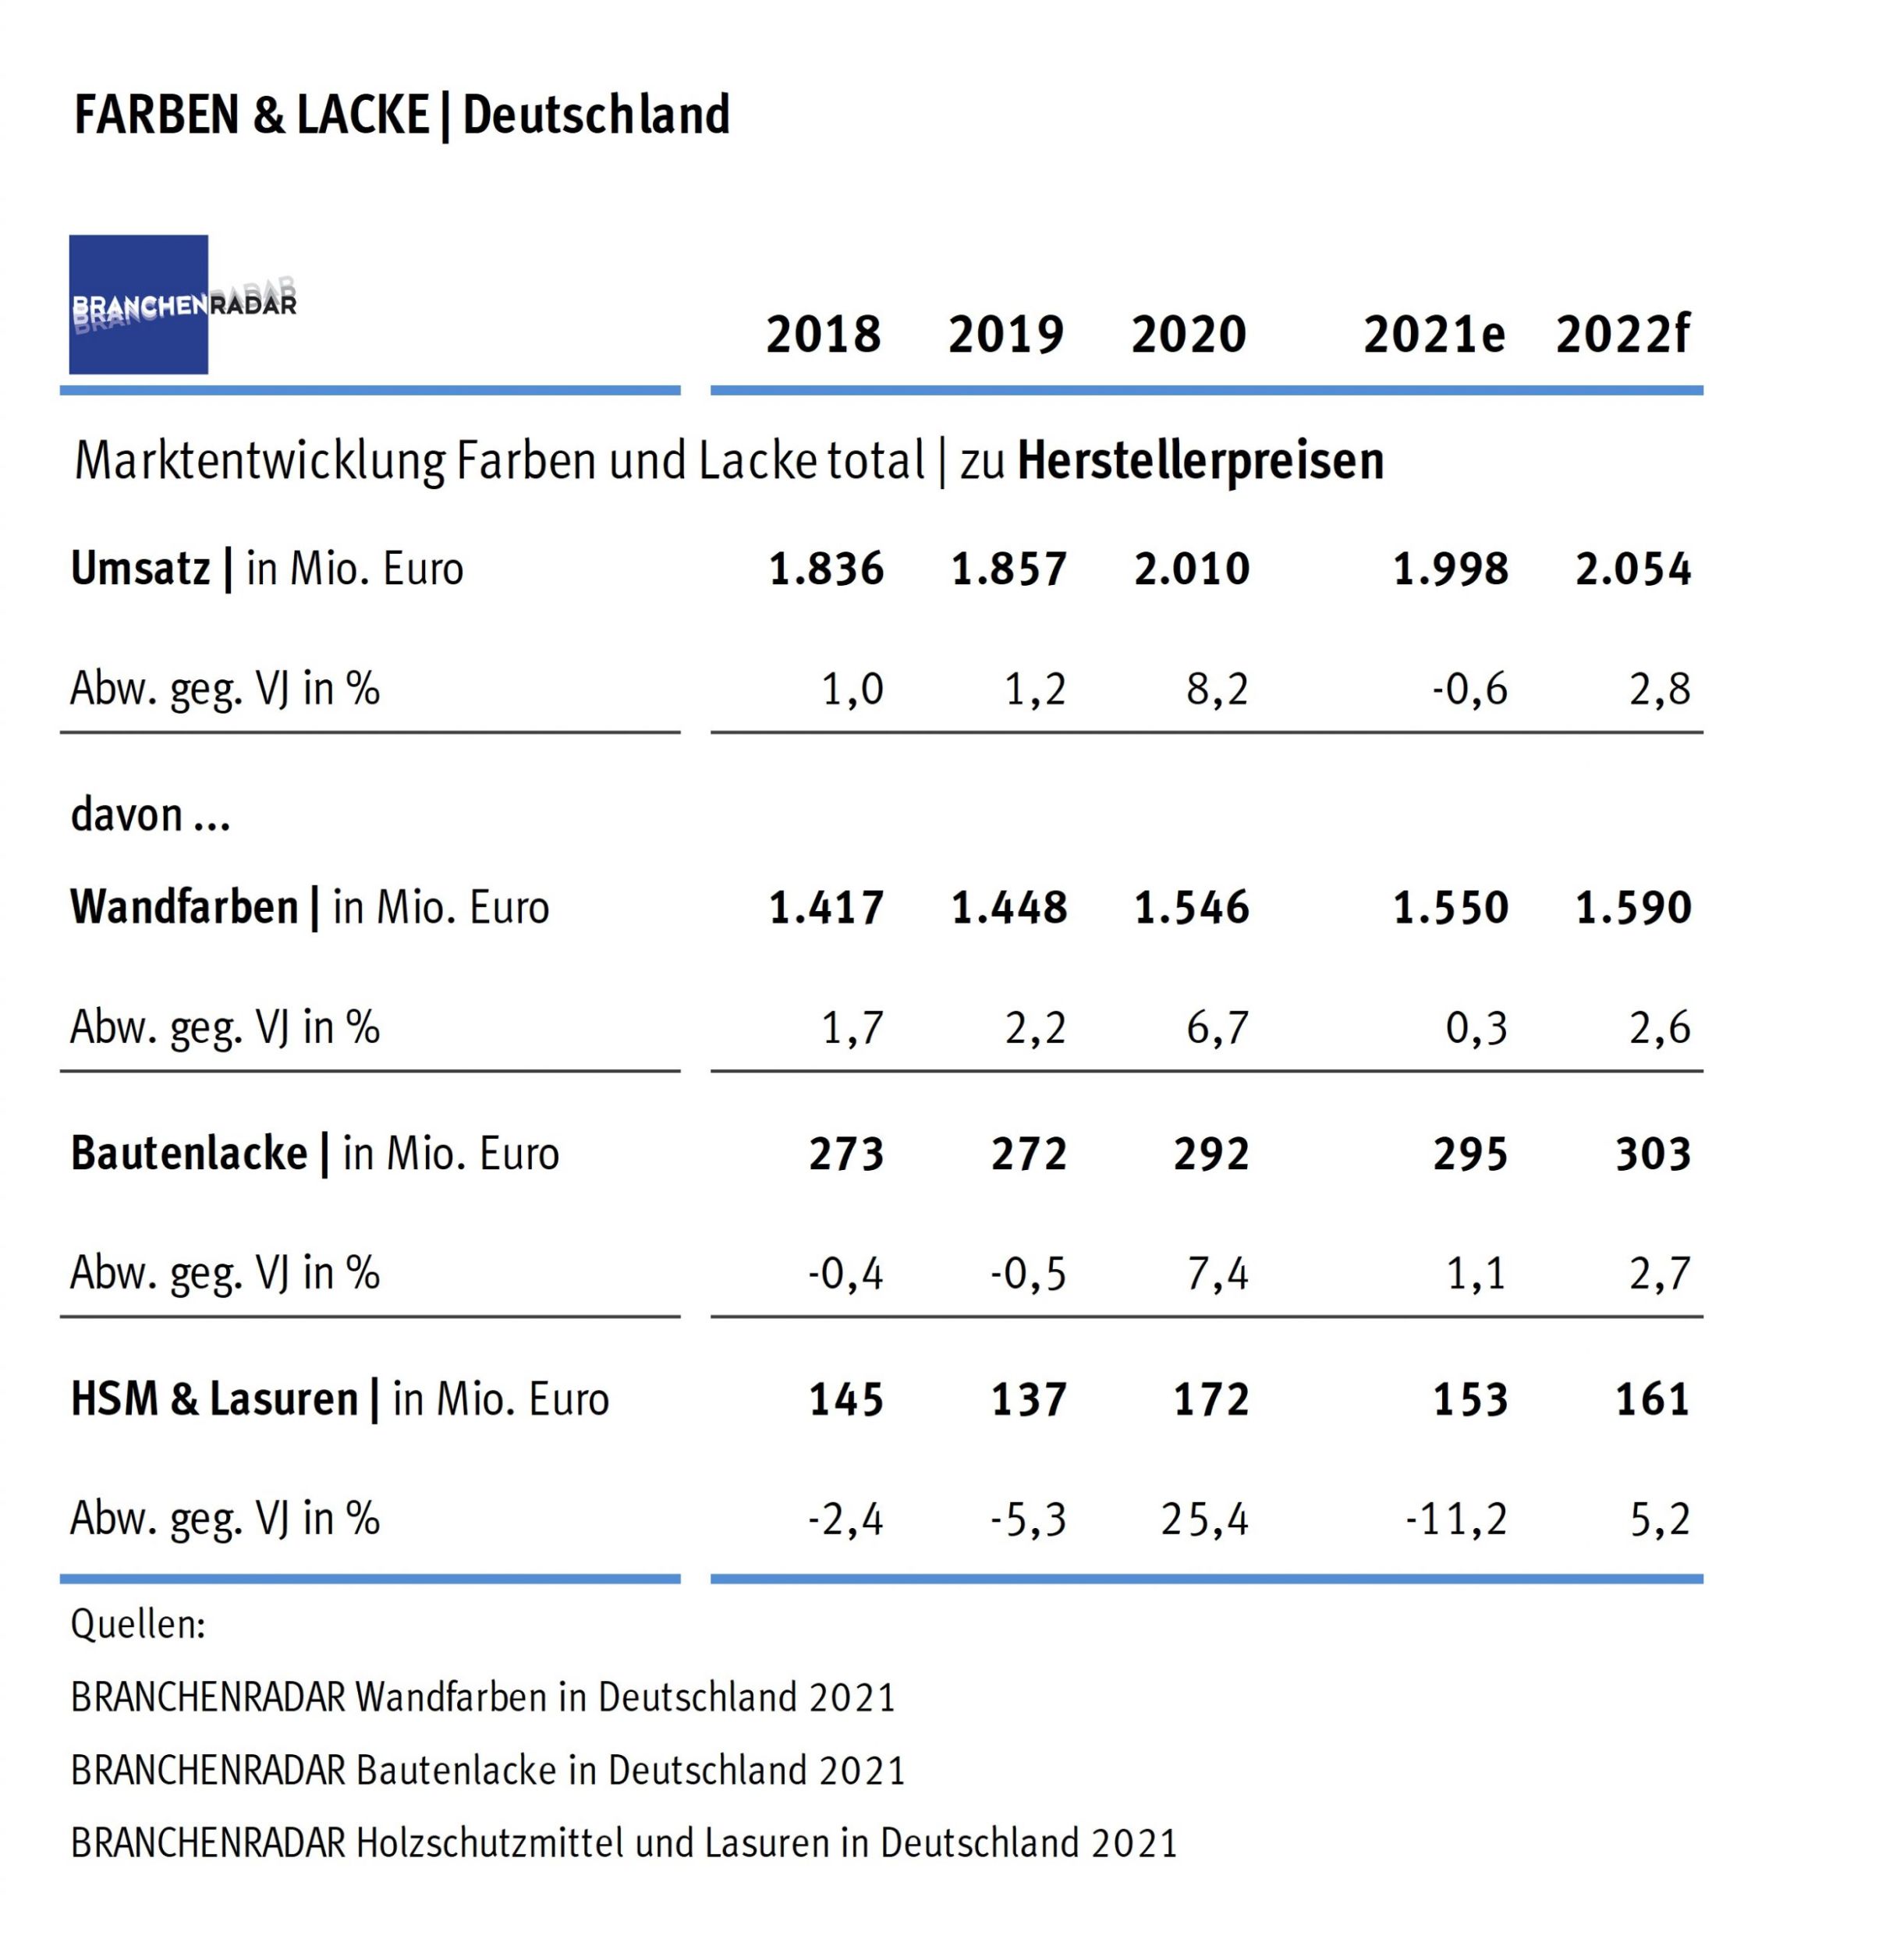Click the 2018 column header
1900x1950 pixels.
(824, 335)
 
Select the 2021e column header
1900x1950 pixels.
(1434, 335)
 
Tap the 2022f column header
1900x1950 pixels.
(1622, 335)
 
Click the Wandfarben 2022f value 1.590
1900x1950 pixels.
(1633, 908)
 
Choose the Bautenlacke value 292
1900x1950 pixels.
(1211, 1154)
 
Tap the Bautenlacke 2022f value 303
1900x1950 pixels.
(1654, 1154)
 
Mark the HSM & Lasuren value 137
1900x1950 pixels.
(1029, 1400)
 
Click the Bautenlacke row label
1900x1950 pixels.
(190, 1154)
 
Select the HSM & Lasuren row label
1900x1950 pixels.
(214, 1400)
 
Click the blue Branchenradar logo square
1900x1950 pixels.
(139, 304)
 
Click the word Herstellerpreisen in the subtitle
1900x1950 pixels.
(1200, 461)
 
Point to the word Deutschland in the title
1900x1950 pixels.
(596, 115)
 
